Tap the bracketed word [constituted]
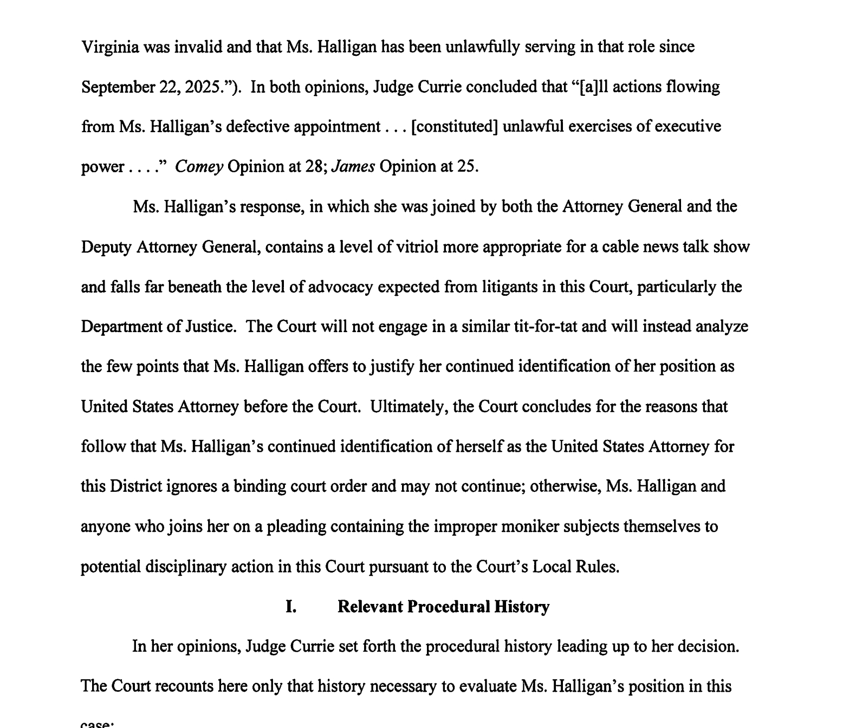455,127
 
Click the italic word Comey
199,167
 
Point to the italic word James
353,167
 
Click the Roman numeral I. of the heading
291,607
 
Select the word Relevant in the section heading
370,607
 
